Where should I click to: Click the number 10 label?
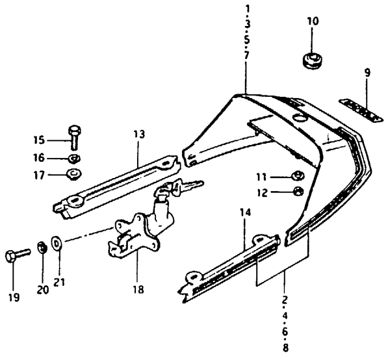pyautogui.click(x=313, y=21)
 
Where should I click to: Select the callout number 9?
pyautogui.click(x=367, y=73)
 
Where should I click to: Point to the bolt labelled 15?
pyautogui.click(x=74, y=137)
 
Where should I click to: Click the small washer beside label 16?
pyautogui.click(x=74, y=158)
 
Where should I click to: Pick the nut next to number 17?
pyautogui.click(x=73, y=174)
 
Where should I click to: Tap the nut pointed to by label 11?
pyautogui.click(x=298, y=176)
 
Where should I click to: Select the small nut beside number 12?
pyautogui.click(x=298, y=192)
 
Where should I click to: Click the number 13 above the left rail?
pyautogui.click(x=139, y=135)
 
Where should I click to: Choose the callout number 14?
pyautogui.click(x=245, y=213)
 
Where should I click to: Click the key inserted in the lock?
pyautogui.click(x=187, y=186)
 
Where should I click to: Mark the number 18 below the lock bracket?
pyautogui.click(x=138, y=289)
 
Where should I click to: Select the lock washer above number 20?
pyautogui.click(x=42, y=247)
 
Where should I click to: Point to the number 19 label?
pyautogui.click(x=14, y=297)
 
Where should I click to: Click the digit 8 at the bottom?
pyautogui.click(x=285, y=347)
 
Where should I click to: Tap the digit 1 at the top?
pyautogui.click(x=247, y=8)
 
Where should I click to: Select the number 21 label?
pyautogui.click(x=58, y=282)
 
